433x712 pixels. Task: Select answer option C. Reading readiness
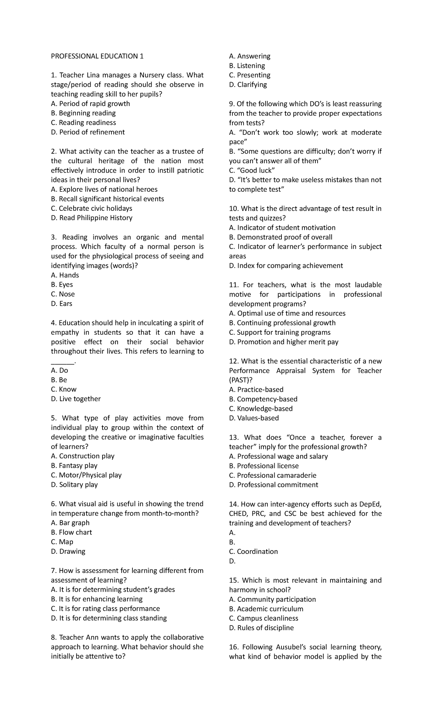[x=83, y=123]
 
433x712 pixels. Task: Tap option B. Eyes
[x=62, y=285]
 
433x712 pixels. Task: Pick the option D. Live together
[x=76, y=399]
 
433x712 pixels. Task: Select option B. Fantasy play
[x=74, y=466]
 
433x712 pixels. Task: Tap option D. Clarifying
[x=248, y=85]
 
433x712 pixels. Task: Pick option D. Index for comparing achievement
[x=286, y=266]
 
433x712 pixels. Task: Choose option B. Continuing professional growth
[x=282, y=323]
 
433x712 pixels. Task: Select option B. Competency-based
[x=263, y=399]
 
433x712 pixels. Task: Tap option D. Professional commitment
[x=274, y=485]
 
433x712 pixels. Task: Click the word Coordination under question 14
[x=257, y=552]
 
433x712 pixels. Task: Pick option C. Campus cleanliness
[x=263, y=618]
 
